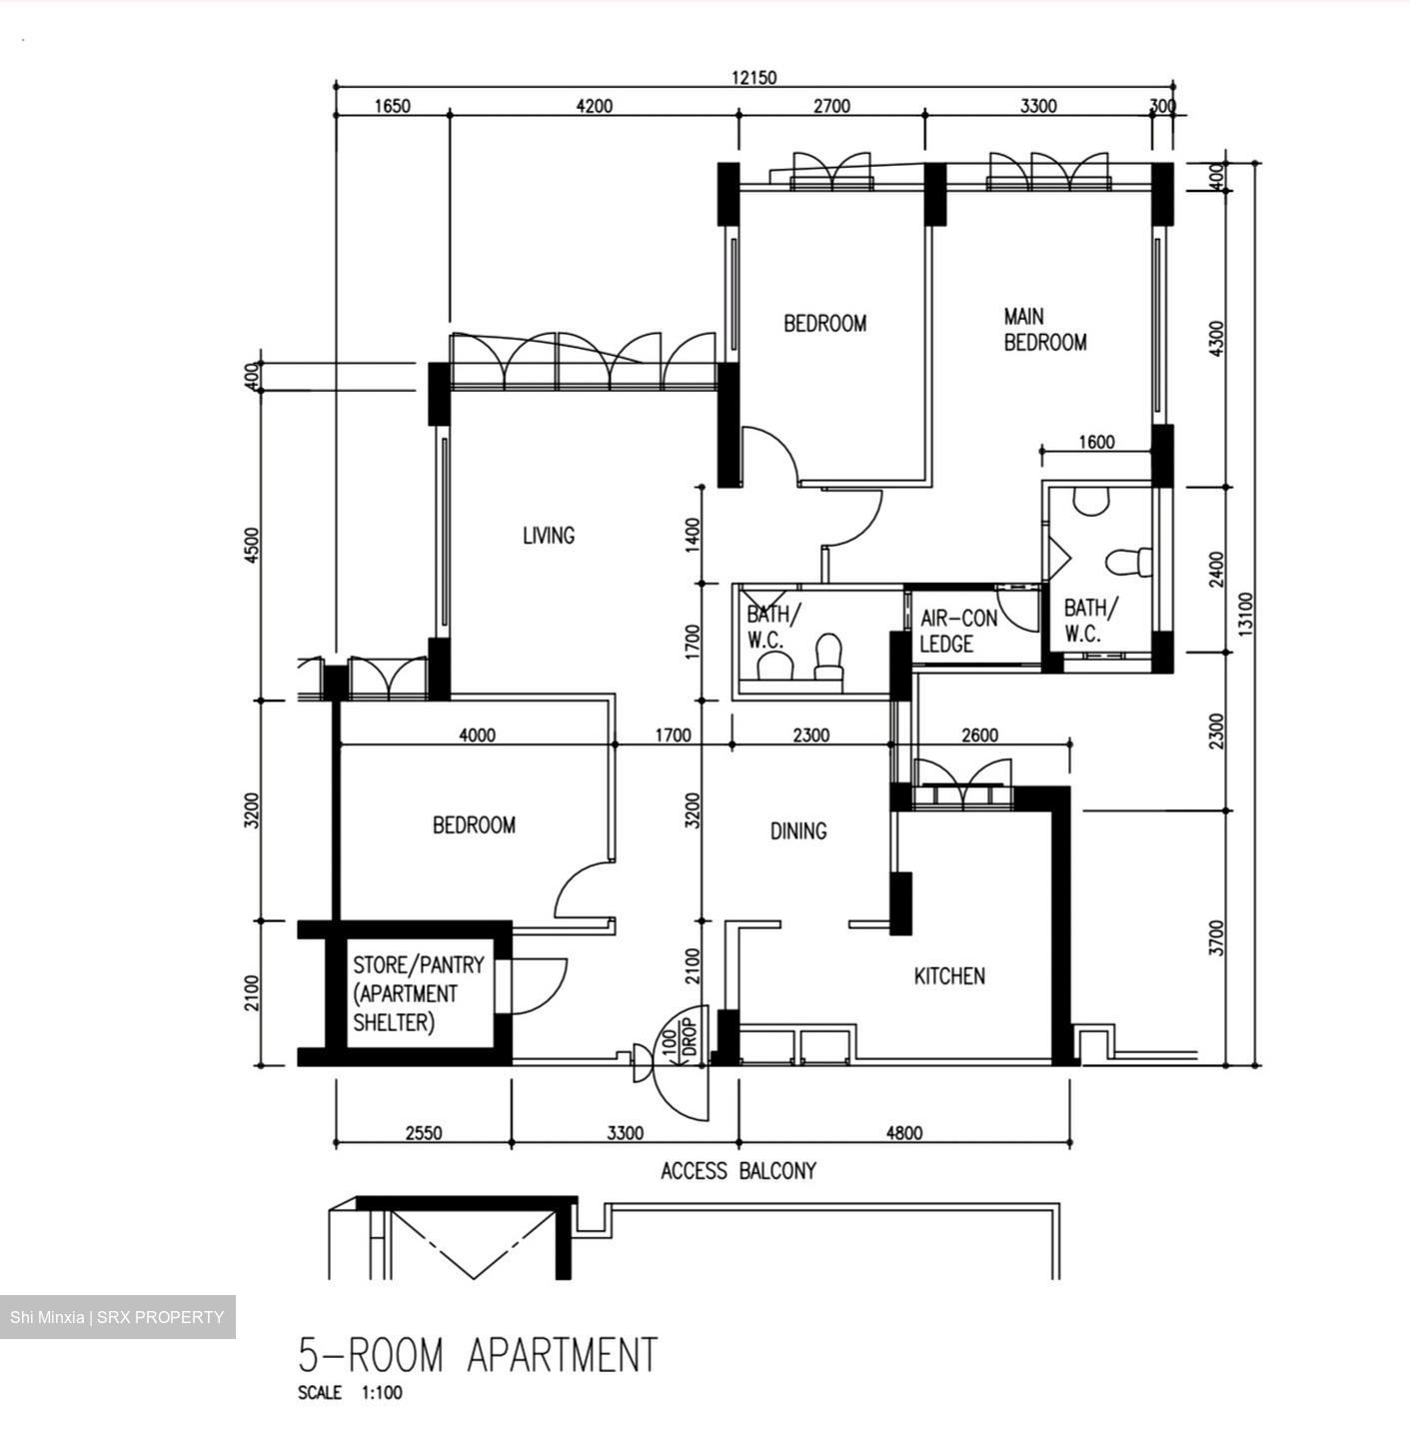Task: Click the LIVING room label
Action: coord(549,536)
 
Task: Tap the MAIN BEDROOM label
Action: coord(1044,330)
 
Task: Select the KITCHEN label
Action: coord(949,976)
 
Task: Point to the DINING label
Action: coord(798,830)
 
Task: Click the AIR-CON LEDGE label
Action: coord(958,632)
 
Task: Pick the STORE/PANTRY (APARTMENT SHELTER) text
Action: coord(418,993)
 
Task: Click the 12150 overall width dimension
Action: coord(753,78)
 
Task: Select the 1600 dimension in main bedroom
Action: coord(1096,443)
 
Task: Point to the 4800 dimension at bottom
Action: coord(903,1132)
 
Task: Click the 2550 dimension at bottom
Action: coord(424,1132)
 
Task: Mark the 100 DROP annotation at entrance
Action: coord(679,1039)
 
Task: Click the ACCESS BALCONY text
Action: coord(738,1170)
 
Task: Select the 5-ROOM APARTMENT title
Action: coord(478,1355)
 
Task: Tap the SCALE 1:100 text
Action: coord(350,1393)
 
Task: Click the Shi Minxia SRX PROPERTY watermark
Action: coord(117,1317)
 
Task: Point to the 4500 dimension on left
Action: coord(252,546)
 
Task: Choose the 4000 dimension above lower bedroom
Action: coord(477,735)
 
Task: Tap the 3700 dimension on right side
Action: coord(1215,937)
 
